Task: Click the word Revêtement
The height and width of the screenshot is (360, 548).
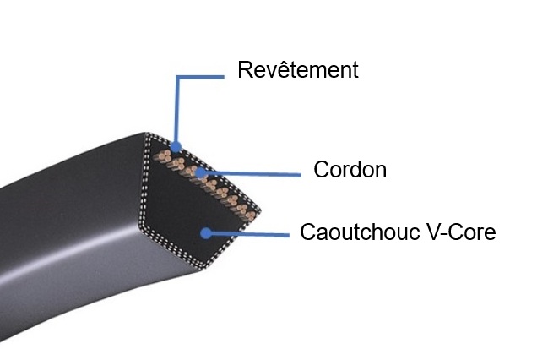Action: tap(298, 69)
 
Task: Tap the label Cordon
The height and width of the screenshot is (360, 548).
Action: tap(350, 170)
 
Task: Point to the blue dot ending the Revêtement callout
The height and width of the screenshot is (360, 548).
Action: tap(176, 146)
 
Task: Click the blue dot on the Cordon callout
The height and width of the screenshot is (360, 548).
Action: tap(201, 173)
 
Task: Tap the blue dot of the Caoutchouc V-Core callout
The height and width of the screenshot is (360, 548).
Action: tap(206, 233)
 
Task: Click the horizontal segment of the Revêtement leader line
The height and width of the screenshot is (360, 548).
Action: tap(200, 77)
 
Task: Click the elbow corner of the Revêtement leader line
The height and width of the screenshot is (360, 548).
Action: tap(176, 77)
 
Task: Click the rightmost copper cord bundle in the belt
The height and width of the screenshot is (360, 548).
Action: tap(250, 215)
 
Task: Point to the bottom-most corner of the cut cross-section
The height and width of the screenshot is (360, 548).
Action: tap(202, 269)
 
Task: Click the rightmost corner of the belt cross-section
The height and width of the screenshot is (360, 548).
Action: tap(259, 210)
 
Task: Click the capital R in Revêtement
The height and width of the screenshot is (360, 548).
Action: tap(245, 69)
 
